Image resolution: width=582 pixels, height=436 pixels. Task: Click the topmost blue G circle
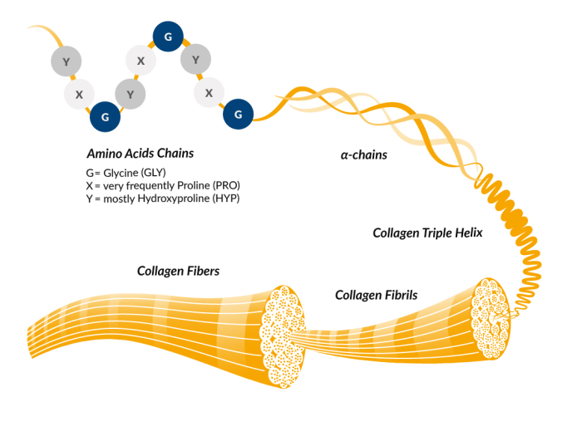[x=168, y=37]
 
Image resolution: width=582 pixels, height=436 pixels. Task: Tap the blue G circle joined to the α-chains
[x=239, y=115]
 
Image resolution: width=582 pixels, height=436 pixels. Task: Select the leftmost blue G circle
[x=105, y=117]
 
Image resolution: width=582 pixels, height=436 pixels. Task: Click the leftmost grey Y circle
[x=67, y=61]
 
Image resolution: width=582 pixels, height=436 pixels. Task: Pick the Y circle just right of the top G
[x=195, y=60]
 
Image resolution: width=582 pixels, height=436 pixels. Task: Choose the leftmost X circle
[x=79, y=95]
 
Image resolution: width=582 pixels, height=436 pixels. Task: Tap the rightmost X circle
[x=209, y=93]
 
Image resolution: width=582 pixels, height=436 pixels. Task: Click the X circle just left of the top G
[x=141, y=61]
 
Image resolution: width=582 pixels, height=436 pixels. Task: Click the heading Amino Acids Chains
[x=140, y=154]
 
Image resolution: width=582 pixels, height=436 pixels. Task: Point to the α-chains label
[x=364, y=154]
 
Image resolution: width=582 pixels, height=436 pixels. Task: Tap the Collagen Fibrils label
[x=376, y=295]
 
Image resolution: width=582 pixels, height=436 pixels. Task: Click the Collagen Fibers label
[x=178, y=271]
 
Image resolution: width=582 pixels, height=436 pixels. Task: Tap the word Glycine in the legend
[x=116, y=173]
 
